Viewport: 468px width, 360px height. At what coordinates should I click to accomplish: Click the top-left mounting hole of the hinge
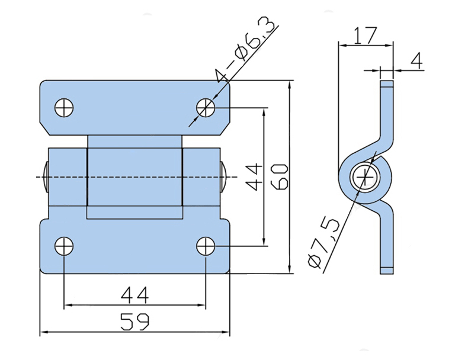pos(65,108)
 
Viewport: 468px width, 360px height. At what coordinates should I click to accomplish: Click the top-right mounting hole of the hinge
pos(206,108)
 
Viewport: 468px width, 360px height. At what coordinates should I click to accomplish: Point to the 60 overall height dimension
pos(280,176)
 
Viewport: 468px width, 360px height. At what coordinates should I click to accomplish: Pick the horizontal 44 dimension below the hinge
pos(134,294)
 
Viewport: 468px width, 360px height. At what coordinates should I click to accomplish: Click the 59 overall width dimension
pos(134,322)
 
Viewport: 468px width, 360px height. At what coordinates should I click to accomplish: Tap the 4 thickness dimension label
pos(417,62)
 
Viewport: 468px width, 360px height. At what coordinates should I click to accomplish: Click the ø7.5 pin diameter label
pos(323,242)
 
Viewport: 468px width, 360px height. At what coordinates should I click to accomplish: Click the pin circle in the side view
pos(364,177)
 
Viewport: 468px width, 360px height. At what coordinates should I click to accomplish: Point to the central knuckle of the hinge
pos(134,177)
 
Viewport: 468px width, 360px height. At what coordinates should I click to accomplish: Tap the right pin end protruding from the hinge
pos(225,177)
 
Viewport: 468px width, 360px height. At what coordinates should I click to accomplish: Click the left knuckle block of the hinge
pos(67,177)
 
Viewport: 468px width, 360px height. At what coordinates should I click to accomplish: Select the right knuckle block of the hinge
pos(201,177)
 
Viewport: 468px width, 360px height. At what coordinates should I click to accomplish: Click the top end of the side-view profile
pos(387,84)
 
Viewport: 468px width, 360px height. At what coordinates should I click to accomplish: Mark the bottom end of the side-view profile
pos(387,270)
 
